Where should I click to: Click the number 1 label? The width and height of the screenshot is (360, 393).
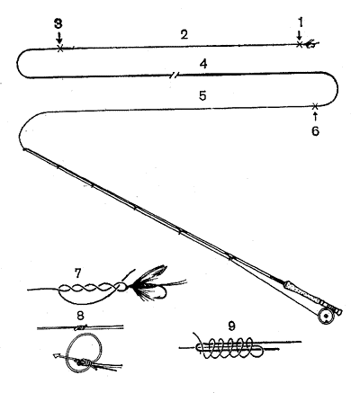pyautogui.click(x=301, y=22)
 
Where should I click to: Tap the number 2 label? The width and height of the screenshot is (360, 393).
pyautogui.click(x=184, y=34)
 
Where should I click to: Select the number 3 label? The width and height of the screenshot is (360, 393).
pyautogui.click(x=58, y=23)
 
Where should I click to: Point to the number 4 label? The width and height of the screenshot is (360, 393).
pyautogui.click(x=203, y=64)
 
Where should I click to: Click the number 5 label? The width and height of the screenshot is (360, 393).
pyautogui.click(x=202, y=95)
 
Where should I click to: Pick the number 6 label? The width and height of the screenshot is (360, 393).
pyautogui.click(x=315, y=131)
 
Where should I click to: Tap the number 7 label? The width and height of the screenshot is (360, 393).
pyautogui.click(x=77, y=273)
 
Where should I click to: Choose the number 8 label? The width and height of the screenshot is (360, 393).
pyautogui.click(x=80, y=315)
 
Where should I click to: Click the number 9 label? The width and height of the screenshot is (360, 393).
pyautogui.click(x=231, y=326)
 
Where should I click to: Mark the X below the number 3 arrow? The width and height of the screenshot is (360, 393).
pyautogui.click(x=60, y=49)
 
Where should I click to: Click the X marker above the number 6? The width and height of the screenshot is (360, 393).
pyautogui.click(x=315, y=106)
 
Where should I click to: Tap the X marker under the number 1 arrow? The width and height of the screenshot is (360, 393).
pyautogui.click(x=299, y=44)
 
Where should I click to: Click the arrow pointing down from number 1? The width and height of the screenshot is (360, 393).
pyautogui.click(x=299, y=34)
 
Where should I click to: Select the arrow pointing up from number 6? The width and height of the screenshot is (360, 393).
pyautogui.click(x=315, y=116)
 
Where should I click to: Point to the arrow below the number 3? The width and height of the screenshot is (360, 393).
pyautogui.click(x=59, y=37)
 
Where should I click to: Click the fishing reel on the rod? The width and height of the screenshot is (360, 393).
pyautogui.click(x=325, y=317)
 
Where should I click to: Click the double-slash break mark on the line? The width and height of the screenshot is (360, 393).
pyautogui.click(x=174, y=75)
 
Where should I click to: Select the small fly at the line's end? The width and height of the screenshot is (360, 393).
pyautogui.click(x=311, y=44)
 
